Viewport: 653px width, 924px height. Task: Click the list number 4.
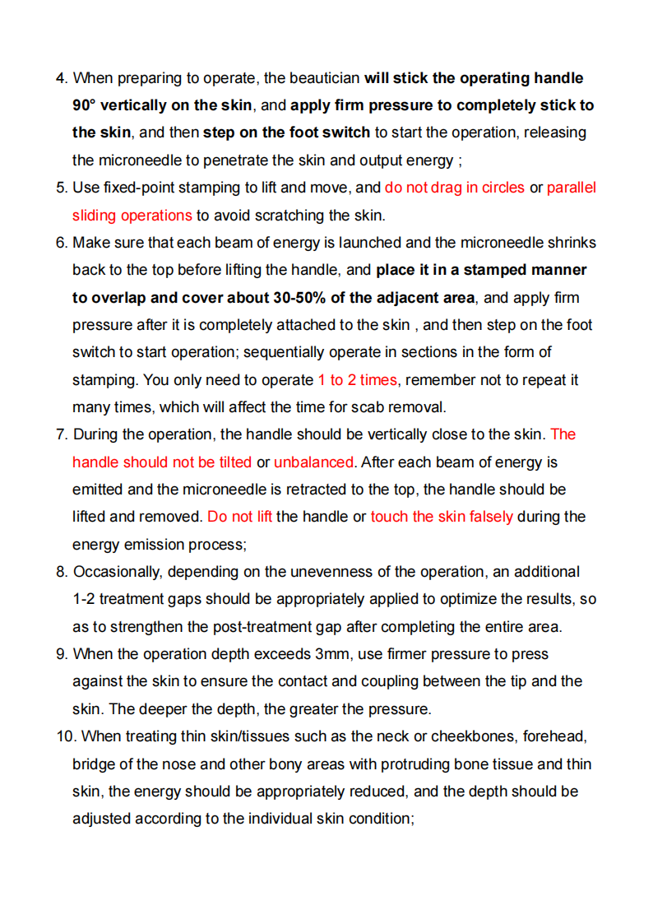(61, 78)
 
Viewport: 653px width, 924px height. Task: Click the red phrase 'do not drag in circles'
(454, 188)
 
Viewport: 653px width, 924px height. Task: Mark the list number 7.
(61, 434)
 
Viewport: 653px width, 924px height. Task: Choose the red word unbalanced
(313, 462)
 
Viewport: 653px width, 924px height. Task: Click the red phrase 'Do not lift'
(239, 517)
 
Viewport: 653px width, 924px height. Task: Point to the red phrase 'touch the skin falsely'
(442, 517)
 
